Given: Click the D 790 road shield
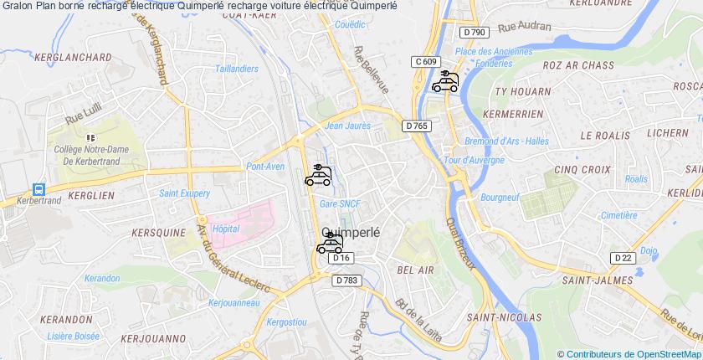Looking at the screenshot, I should (474, 33).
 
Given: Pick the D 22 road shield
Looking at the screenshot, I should (621, 258).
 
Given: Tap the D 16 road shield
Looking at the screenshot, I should (340, 259).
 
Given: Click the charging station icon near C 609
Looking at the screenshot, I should (445, 81).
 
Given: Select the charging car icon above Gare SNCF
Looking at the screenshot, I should (318, 175).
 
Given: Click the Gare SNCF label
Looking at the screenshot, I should (340, 203).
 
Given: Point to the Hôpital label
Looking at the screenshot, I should (226, 228).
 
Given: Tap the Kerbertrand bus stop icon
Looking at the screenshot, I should (38, 190).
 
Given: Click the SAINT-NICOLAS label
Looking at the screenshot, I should (503, 317).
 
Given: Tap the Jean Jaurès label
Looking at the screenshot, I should (347, 126).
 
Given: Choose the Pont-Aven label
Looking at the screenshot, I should (265, 166).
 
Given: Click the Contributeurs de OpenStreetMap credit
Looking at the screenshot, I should (629, 354).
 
